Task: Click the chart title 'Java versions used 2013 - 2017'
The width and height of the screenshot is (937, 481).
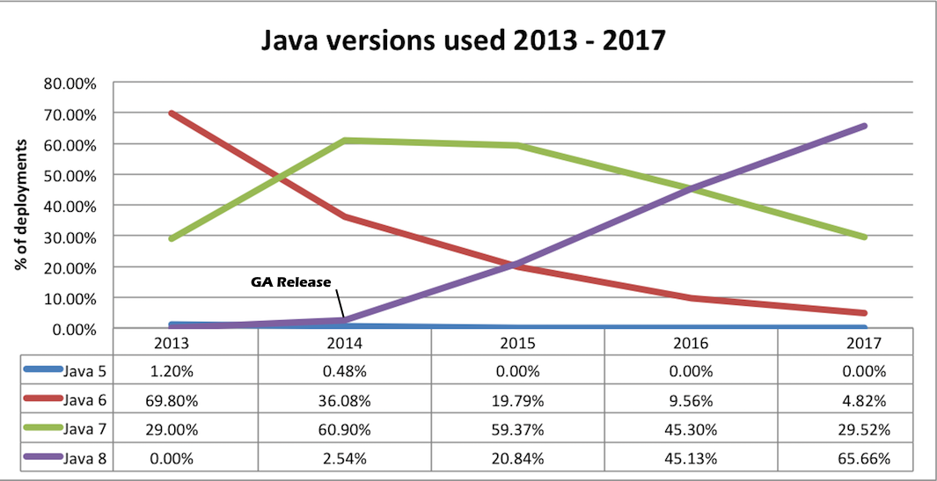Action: coord(468,41)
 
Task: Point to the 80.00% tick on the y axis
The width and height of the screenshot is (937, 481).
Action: coord(71,84)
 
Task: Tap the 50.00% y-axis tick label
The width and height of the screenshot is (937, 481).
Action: coord(71,175)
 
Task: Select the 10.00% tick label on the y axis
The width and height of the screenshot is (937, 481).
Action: coord(71,298)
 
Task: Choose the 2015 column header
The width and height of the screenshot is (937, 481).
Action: coord(518,341)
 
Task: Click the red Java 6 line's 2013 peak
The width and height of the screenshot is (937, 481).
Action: coord(172,113)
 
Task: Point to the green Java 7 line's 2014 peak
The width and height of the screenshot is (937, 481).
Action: coord(345,141)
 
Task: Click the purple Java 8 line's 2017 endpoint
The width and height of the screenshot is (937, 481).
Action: coord(864,127)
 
